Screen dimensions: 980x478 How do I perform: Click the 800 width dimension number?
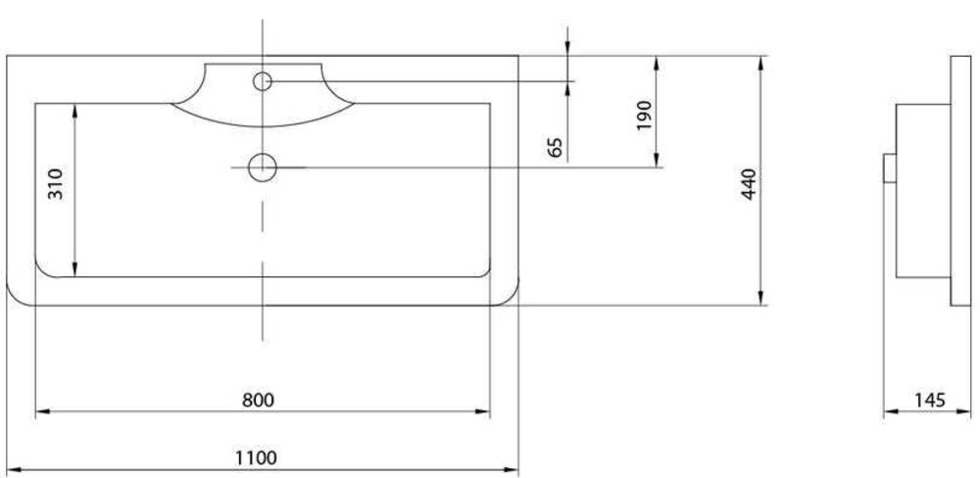(x=258, y=400)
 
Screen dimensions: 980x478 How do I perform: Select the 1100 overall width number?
(x=256, y=458)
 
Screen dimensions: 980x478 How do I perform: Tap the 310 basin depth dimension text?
(x=56, y=184)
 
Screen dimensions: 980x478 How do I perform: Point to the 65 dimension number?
(x=555, y=148)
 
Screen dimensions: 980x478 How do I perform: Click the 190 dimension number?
(x=644, y=116)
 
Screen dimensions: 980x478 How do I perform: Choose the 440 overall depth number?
(x=749, y=184)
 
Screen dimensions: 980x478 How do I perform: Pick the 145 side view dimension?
(x=930, y=400)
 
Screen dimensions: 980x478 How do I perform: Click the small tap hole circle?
(x=263, y=81)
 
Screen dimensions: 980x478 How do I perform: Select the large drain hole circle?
(x=263, y=167)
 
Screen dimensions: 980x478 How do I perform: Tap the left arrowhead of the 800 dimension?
(x=42, y=411)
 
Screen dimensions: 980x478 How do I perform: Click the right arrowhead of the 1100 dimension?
(x=512, y=469)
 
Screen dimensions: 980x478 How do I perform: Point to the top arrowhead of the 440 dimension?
(x=761, y=63)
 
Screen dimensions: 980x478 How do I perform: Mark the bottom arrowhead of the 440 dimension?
(x=761, y=298)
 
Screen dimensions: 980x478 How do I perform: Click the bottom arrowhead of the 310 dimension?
(x=74, y=269)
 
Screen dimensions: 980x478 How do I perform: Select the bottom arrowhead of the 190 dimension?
(x=657, y=160)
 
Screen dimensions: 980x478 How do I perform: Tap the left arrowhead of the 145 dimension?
(x=891, y=411)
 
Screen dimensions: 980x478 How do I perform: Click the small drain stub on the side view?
(x=890, y=168)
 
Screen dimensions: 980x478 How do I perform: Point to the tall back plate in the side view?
(x=960, y=180)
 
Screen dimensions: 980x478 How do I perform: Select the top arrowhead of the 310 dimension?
(x=74, y=111)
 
